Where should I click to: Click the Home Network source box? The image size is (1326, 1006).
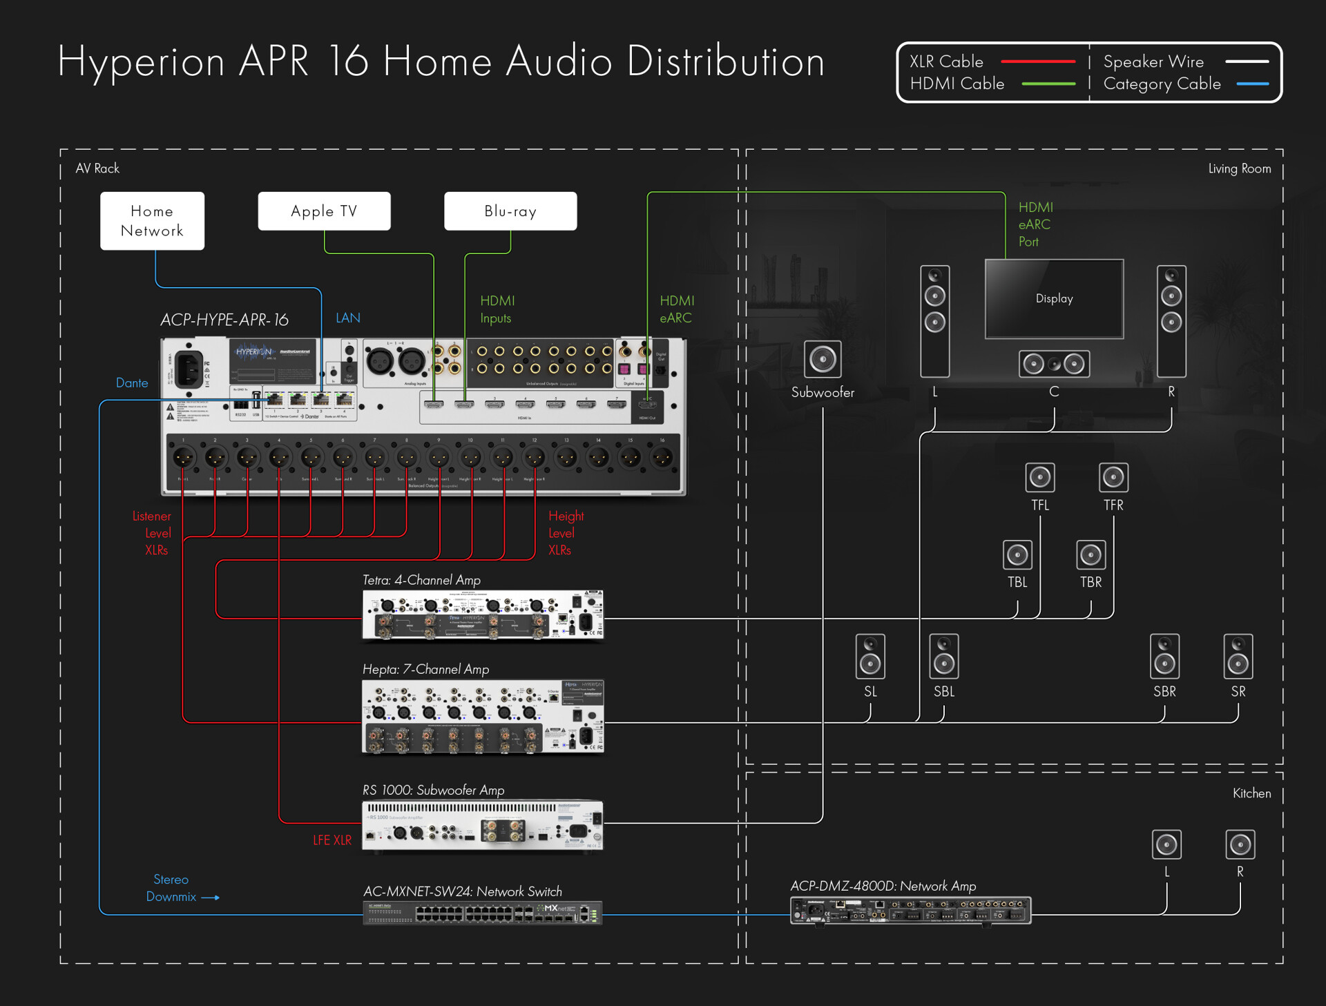152,221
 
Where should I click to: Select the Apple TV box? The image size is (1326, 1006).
324,211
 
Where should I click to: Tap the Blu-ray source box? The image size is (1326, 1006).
510,211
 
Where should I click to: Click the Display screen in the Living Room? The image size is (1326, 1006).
1054,299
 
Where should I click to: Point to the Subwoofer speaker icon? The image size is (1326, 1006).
823,359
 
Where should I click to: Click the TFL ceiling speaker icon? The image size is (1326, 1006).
1040,477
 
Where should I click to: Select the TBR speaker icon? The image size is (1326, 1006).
1091,554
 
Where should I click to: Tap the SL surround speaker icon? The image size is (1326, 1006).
870,657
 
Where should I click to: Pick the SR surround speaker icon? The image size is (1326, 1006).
1238,657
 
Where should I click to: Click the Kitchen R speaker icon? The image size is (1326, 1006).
1240,844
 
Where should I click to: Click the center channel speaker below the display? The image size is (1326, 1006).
1054,364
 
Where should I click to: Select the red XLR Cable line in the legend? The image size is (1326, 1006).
1038,61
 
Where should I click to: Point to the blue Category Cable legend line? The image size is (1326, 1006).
1252,84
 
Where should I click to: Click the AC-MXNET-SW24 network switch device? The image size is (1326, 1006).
483,913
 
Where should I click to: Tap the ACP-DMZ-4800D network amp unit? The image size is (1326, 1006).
910,911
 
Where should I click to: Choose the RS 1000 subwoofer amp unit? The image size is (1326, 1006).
483,826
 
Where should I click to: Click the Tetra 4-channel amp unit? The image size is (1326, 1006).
483,615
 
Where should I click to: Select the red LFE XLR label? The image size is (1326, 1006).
332,840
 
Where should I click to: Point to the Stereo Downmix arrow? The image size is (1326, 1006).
211,898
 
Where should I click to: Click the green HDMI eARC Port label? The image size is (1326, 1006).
1035,224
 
